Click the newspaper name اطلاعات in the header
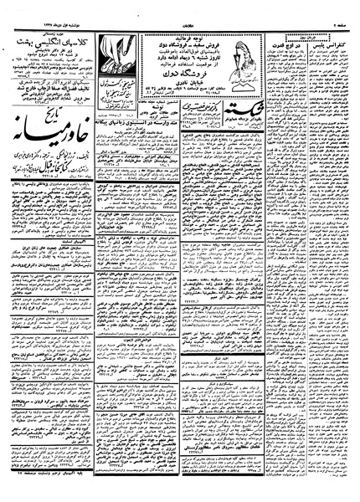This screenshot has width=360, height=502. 181,8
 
